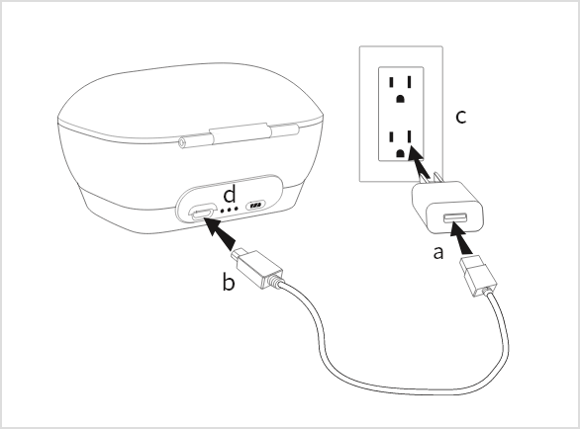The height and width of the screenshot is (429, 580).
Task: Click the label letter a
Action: pyautogui.click(x=437, y=253)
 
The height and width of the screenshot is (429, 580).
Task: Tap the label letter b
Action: pyautogui.click(x=229, y=282)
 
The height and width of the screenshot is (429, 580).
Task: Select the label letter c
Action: pyautogui.click(x=461, y=117)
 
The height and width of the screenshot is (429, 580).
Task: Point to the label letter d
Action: pyautogui.click(x=230, y=194)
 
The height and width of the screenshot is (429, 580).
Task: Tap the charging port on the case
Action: pyautogui.click(x=202, y=213)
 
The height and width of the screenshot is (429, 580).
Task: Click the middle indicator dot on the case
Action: pyautogui.click(x=229, y=211)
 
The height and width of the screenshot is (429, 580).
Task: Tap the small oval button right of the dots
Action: pyautogui.click(x=255, y=205)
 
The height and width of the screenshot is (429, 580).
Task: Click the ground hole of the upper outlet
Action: pyautogui.click(x=400, y=99)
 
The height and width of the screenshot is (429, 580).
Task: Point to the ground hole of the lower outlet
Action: pyautogui.click(x=400, y=153)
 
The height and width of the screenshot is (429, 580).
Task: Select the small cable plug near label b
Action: pyautogui.click(x=257, y=268)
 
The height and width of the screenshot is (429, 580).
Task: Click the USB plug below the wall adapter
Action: pyautogui.click(x=478, y=276)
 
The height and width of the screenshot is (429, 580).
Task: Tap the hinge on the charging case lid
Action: pyautogui.click(x=239, y=134)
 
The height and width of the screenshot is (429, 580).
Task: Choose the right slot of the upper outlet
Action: pyautogui.click(x=409, y=82)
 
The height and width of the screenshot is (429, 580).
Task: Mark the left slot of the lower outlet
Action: pyautogui.click(x=391, y=136)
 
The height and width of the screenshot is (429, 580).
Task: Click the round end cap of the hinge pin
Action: pyautogui.click(x=182, y=142)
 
